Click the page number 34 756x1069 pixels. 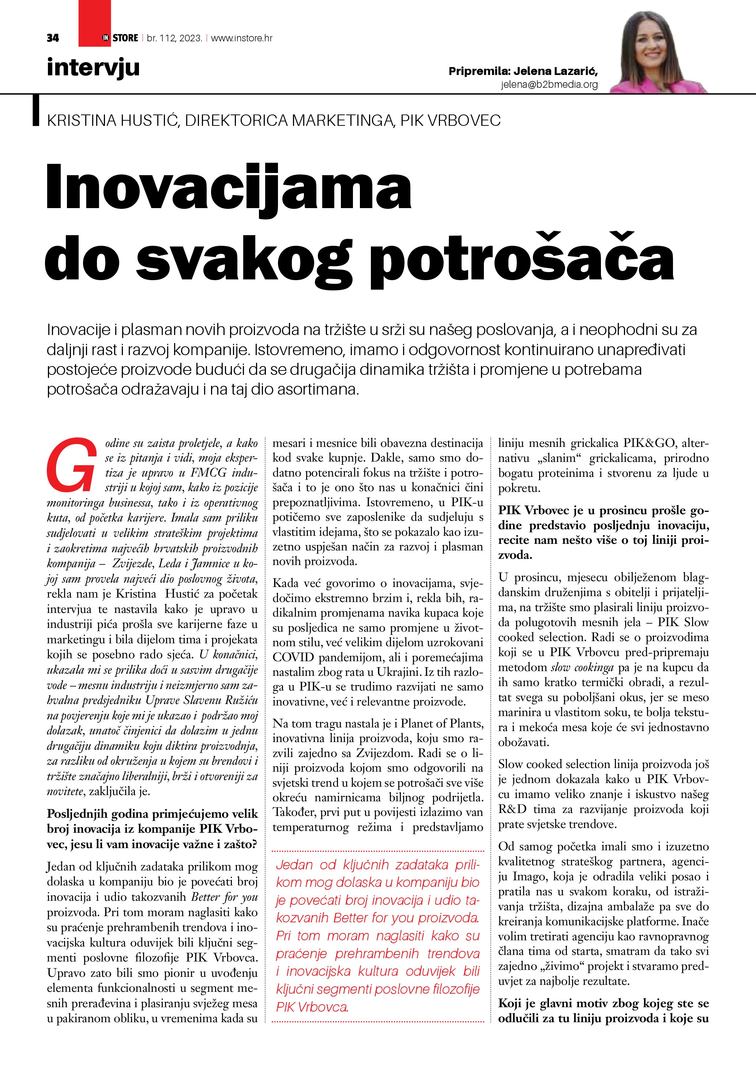[x=53, y=38]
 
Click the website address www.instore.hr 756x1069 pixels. [x=242, y=38]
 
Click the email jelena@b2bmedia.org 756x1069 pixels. [x=549, y=85]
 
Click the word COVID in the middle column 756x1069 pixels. [x=294, y=658]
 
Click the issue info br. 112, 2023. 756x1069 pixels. [x=174, y=38]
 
